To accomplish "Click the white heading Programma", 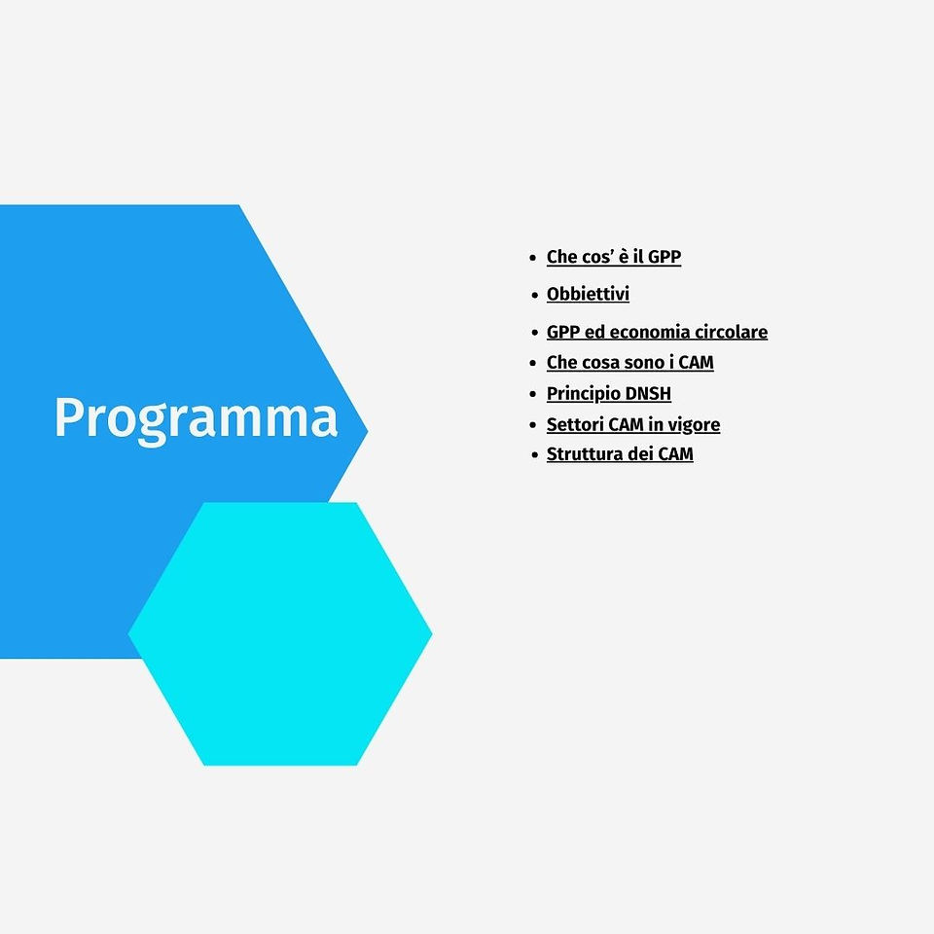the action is click(x=196, y=419).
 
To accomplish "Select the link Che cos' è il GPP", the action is click(x=614, y=257).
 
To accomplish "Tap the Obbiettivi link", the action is click(x=588, y=294).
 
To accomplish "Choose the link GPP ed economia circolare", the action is click(x=657, y=332).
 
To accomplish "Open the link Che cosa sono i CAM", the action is click(x=630, y=362).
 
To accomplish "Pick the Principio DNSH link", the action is click(x=609, y=394).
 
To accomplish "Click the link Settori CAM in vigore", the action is click(x=633, y=425).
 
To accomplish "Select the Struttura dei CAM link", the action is click(x=620, y=454).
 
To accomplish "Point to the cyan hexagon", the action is click(x=280, y=633).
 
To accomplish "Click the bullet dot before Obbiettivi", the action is click(x=534, y=296).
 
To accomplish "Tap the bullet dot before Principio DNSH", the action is click(x=533, y=394).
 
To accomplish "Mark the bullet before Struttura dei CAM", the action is click(x=534, y=455).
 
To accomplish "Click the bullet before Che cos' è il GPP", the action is click(x=533, y=258).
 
